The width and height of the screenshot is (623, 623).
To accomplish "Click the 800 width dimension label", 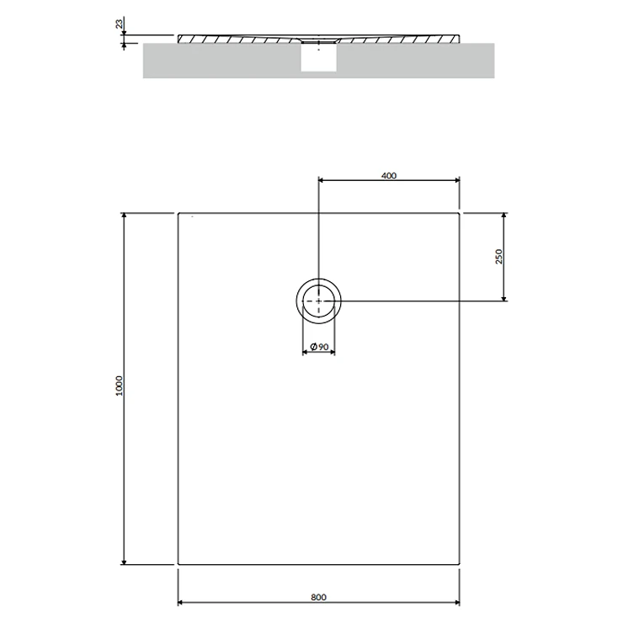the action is click(x=318, y=597).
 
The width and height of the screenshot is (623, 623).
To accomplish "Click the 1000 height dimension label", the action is click(x=120, y=386).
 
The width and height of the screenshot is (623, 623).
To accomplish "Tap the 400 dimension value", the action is click(x=389, y=176).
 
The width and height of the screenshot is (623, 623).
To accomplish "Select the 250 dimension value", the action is click(x=499, y=257).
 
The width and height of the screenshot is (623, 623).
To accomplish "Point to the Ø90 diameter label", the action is click(x=319, y=347).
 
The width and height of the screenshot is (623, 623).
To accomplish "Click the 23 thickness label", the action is click(x=120, y=24).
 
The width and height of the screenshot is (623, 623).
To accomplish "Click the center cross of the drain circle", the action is click(x=318, y=301).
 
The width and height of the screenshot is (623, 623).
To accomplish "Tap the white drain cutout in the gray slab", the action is click(x=318, y=57).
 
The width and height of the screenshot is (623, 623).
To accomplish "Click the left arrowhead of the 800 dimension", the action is click(x=180, y=602).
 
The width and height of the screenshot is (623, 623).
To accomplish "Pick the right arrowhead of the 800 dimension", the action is click(x=457, y=602).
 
